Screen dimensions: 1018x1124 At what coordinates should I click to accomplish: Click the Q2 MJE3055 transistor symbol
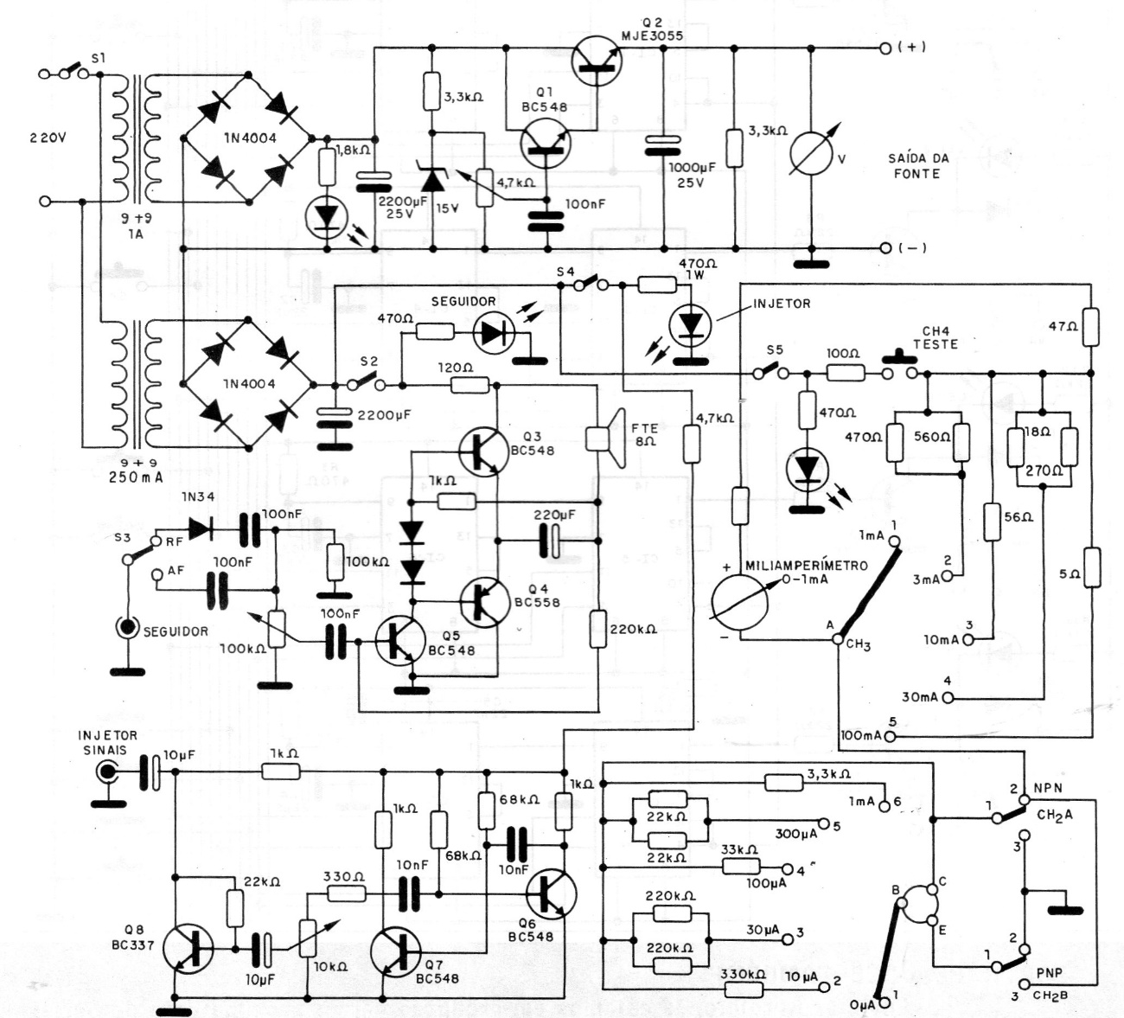click(597, 57)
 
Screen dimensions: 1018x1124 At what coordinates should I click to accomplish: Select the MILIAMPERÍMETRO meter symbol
click(740, 603)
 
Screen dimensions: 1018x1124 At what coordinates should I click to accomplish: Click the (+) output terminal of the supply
click(884, 48)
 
